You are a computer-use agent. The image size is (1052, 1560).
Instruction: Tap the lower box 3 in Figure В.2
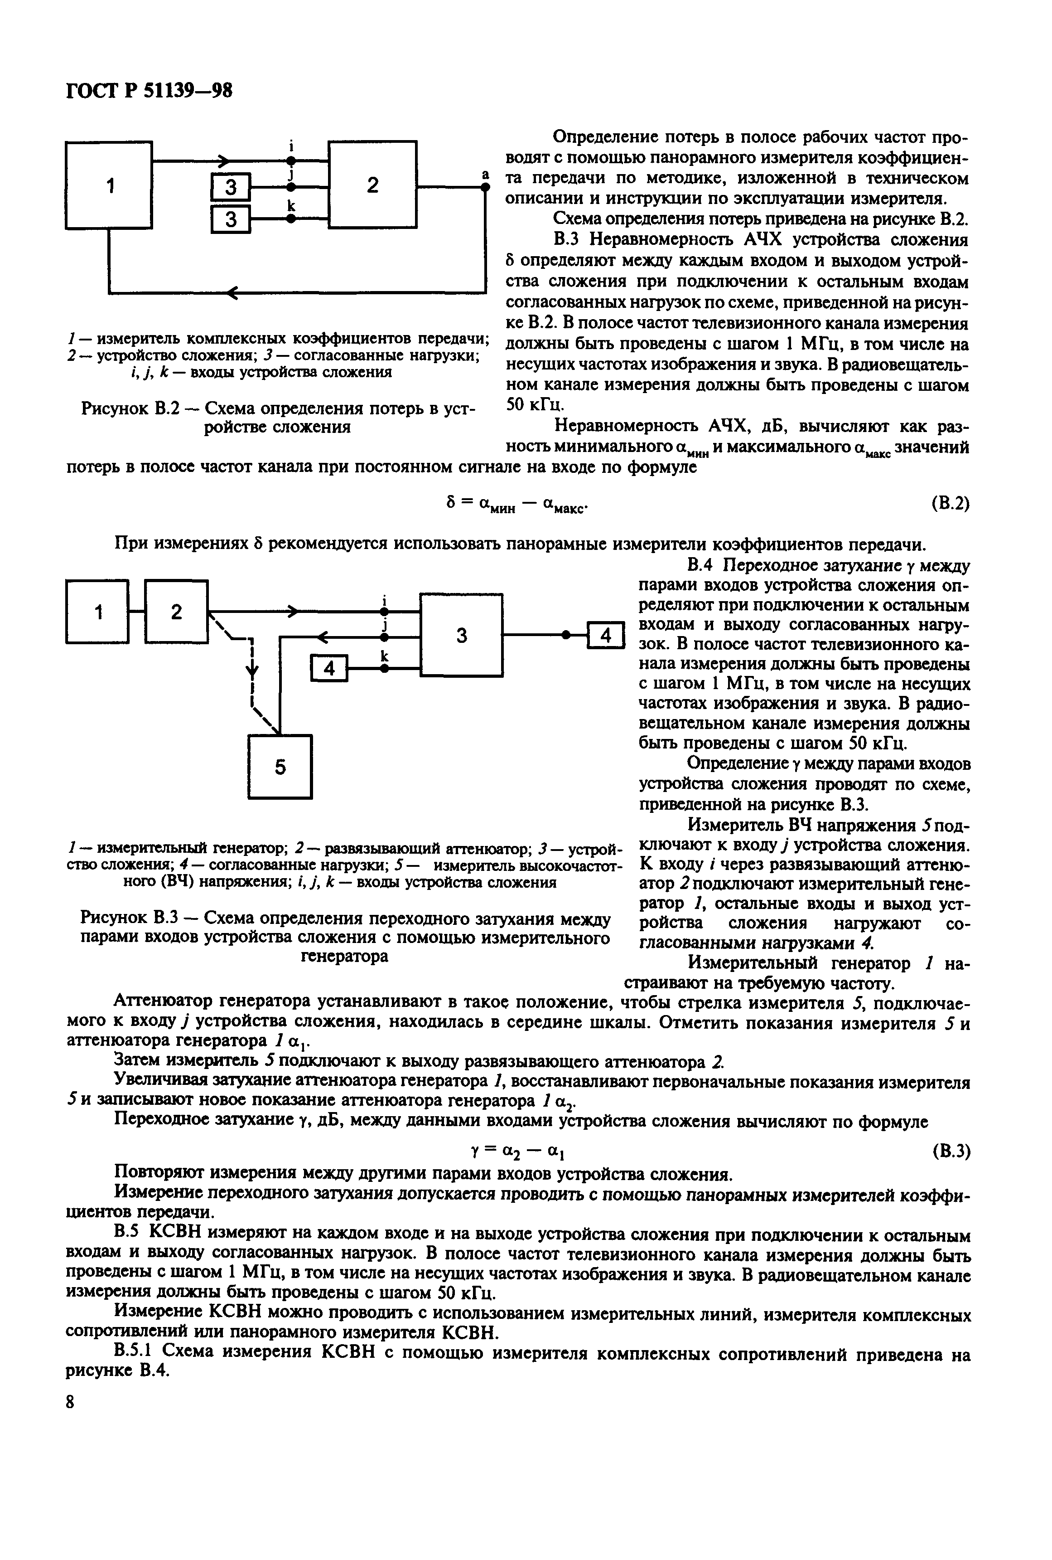(x=230, y=219)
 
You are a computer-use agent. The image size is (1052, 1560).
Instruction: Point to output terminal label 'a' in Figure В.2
(x=484, y=175)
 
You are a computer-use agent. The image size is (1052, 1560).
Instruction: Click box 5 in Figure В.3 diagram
(x=280, y=767)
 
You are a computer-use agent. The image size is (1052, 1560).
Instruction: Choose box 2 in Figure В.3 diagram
(x=176, y=612)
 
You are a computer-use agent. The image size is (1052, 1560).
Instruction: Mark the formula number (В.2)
(x=951, y=503)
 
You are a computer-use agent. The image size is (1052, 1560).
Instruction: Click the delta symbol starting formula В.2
(x=451, y=501)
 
